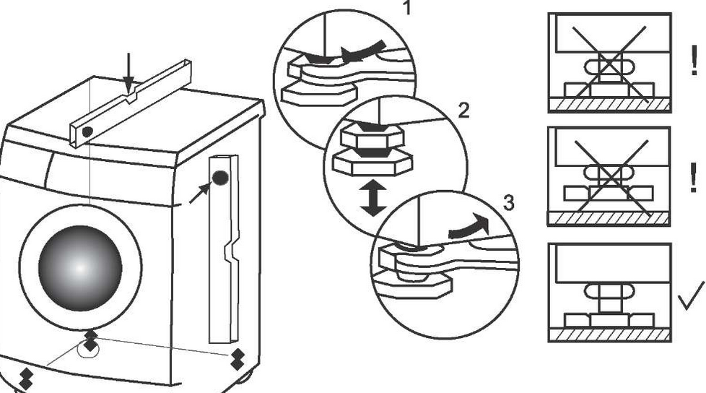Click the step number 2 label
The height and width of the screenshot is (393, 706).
coord(464,111)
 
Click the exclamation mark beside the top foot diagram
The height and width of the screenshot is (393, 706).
coord(694,63)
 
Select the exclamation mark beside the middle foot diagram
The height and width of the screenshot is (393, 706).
coord(694,175)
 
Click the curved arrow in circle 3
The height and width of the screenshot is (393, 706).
coord(469,227)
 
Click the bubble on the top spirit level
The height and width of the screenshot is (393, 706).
coord(87,132)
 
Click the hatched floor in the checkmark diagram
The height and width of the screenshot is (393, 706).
coord(609,335)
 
